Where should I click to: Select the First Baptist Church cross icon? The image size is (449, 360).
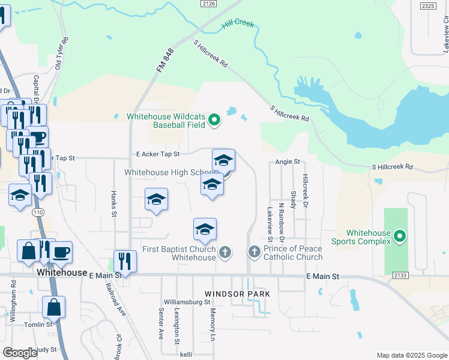[x=225, y=252]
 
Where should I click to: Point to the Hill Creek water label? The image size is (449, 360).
[x=238, y=25]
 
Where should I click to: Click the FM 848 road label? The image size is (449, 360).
[x=165, y=61]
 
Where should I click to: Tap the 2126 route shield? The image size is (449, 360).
[x=209, y=4]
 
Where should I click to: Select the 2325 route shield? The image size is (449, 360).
[x=428, y=5]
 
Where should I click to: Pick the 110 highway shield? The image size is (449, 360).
[x=39, y=212]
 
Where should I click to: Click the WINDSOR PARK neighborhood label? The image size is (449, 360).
[x=237, y=294]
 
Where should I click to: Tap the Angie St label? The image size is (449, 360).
[x=288, y=161]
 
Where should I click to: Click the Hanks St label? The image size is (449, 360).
[x=113, y=201]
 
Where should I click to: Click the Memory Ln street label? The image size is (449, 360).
[x=212, y=325]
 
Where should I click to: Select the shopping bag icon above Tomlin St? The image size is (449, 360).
[x=53, y=308]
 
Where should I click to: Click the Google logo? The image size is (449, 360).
[x=20, y=353]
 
